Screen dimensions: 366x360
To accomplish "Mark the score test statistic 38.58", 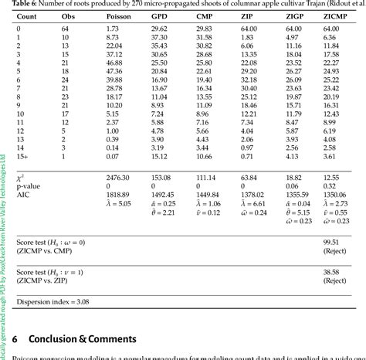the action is (332, 272).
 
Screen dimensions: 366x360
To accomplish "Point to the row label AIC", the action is (20, 195).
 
